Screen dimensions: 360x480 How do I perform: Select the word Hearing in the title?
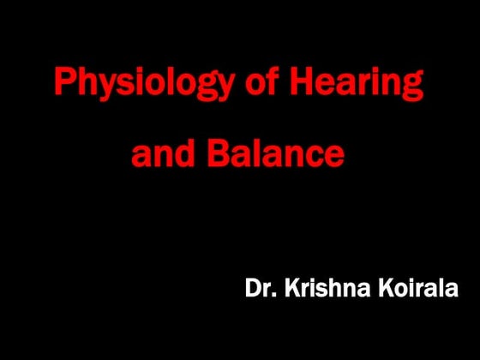[x=356, y=84]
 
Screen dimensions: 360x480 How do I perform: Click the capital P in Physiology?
[x=64, y=82]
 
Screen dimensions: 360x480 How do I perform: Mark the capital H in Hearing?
[x=301, y=82]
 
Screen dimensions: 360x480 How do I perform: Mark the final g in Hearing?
[x=413, y=87]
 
